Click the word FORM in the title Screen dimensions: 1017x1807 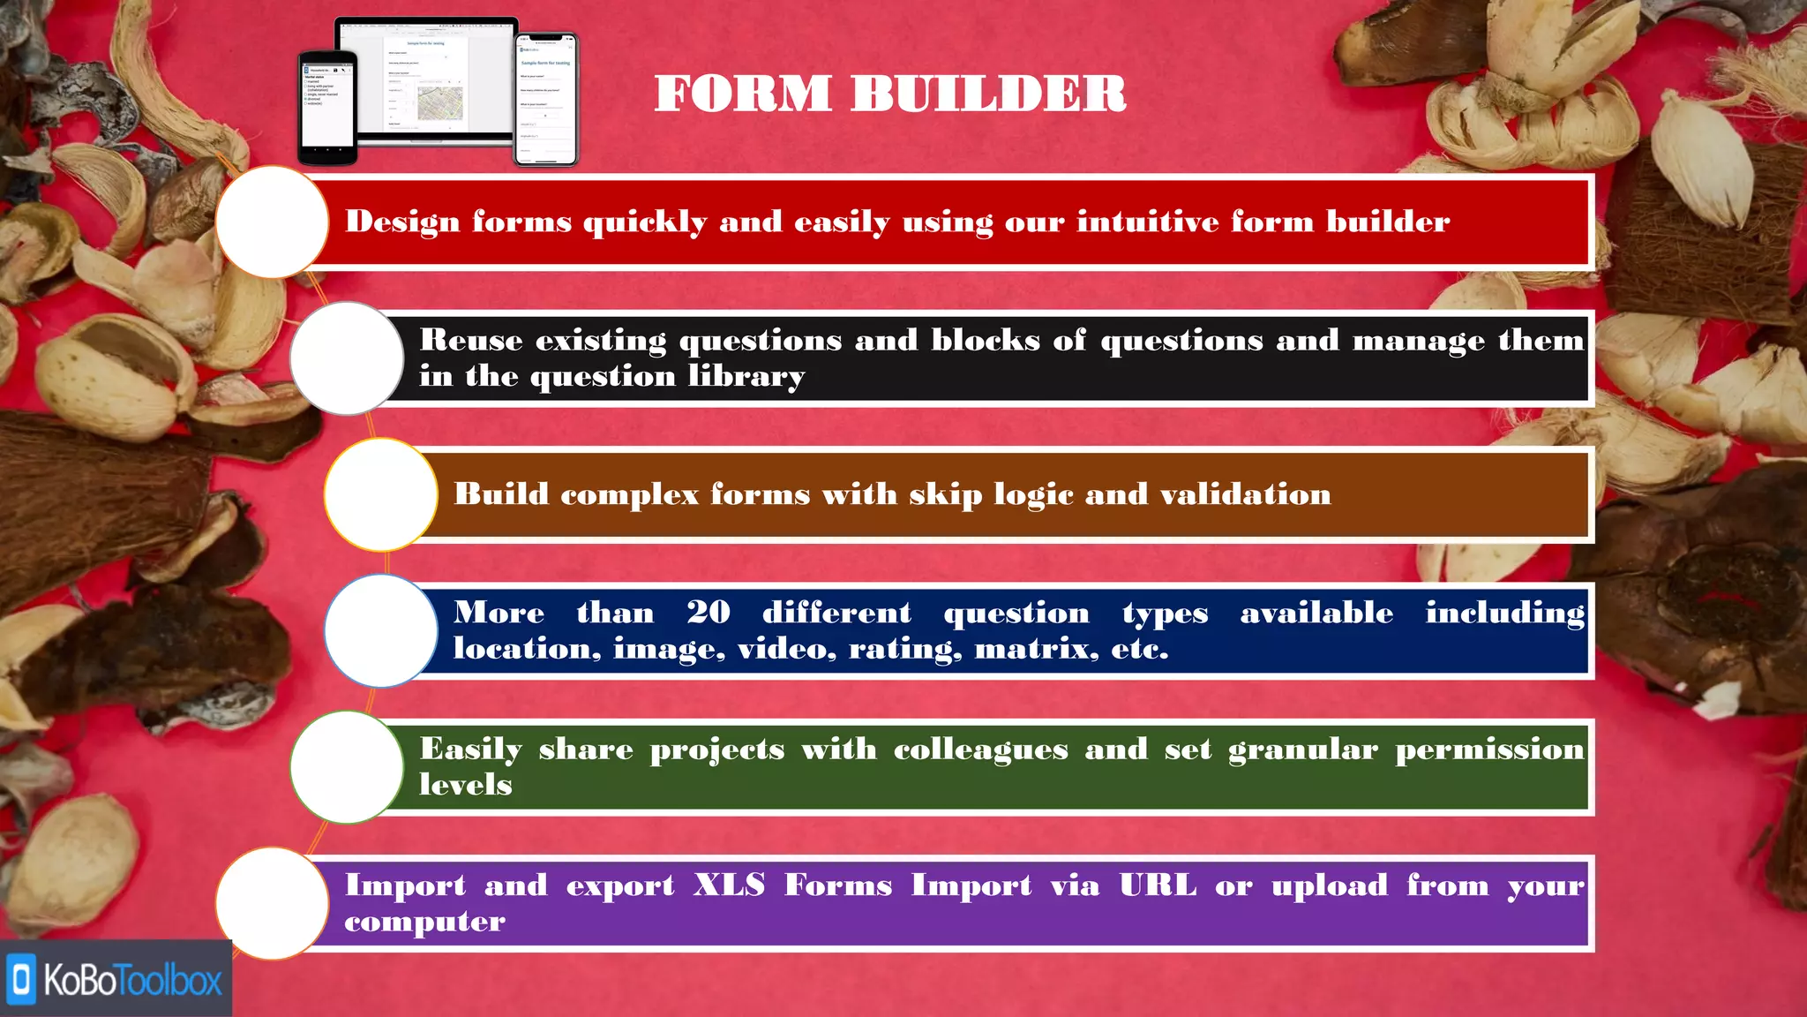(x=742, y=94)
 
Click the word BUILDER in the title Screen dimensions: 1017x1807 (x=988, y=94)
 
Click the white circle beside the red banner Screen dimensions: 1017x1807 (x=272, y=222)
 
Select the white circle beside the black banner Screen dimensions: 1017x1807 (x=347, y=358)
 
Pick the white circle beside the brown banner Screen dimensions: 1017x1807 (x=380, y=494)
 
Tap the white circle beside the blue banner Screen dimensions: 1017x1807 (x=380, y=630)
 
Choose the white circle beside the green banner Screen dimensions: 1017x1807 (x=347, y=767)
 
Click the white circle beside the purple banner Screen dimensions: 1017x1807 (x=272, y=903)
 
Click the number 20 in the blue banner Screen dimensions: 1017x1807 (x=709, y=613)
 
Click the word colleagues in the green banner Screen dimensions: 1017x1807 (x=980, y=750)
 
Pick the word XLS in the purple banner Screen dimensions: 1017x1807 (x=729, y=885)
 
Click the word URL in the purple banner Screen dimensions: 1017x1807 (x=1158, y=885)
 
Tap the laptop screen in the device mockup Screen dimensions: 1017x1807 (x=426, y=79)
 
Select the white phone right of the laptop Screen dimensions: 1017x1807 (x=545, y=100)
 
